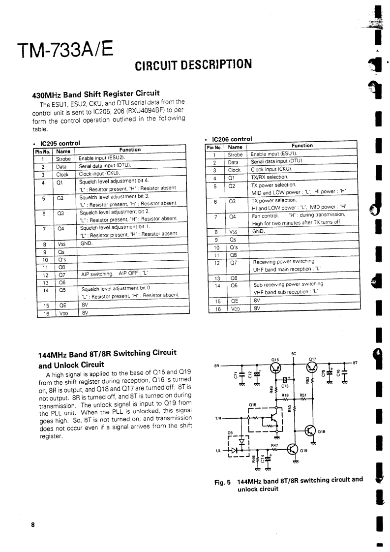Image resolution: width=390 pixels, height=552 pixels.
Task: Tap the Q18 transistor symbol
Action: pyautogui.click(x=310, y=430)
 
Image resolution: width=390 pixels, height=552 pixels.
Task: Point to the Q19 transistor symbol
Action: pyautogui.click(x=292, y=450)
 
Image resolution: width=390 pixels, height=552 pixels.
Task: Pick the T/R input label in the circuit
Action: pyautogui.click(x=218, y=418)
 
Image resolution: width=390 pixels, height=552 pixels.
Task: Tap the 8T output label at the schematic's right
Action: pyautogui.click(x=355, y=363)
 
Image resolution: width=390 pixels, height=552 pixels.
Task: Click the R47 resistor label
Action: pyautogui.click(x=275, y=445)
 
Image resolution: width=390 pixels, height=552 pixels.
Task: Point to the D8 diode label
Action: pyautogui.click(x=230, y=433)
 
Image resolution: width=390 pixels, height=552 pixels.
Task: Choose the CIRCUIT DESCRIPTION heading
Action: pyautogui.click(x=193, y=64)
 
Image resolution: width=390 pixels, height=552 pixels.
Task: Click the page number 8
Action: pyautogui.click(x=33, y=525)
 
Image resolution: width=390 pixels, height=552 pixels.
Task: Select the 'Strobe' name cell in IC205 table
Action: pyautogui.click(x=63, y=159)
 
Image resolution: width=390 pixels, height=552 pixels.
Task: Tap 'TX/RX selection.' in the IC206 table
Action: pyautogui.click(x=266, y=177)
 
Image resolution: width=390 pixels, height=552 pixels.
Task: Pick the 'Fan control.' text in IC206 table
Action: pyautogui.click(x=265, y=215)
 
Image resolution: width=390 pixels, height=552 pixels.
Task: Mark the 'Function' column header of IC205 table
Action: pyautogui.click(x=130, y=150)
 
